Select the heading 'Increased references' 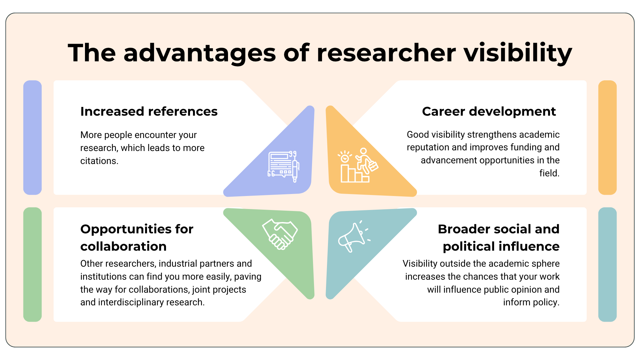click(x=149, y=111)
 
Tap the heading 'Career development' click(x=489, y=111)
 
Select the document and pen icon click(x=284, y=166)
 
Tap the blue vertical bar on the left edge click(x=32, y=137)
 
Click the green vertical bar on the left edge click(x=32, y=264)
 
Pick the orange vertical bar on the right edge click(x=607, y=137)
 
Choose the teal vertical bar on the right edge click(x=607, y=264)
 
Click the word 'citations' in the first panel click(x=99, y=161)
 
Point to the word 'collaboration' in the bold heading click(x=123, y=246)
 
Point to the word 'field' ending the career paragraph click(x=548, y=173)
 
